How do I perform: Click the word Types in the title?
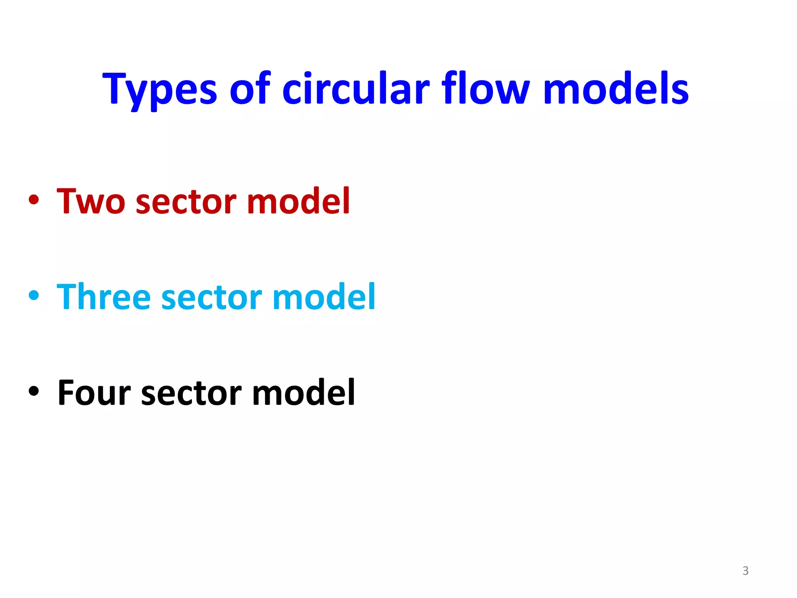coord(160,90)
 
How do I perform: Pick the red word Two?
coord(91,201)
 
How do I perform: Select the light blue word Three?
coord(104,297)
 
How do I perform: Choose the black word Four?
coord(94,392)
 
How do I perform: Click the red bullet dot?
coord(34,200)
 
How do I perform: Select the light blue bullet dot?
coord(34,295)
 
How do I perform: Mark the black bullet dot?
coord(34,391)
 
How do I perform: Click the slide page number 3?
coord(745,571)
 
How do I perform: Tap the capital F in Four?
coord(67,392)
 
